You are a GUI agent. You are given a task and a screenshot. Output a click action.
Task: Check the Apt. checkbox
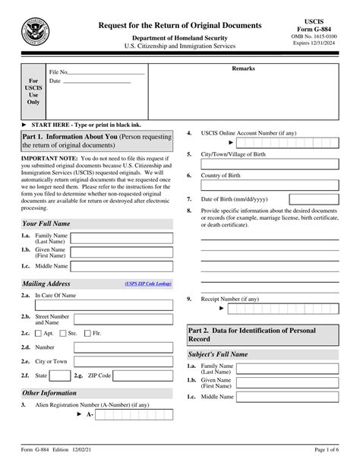[x=39, y=333]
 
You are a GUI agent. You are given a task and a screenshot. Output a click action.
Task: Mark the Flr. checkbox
[x=90, y=333]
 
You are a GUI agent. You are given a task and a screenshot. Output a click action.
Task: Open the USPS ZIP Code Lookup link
[x=149, y=284]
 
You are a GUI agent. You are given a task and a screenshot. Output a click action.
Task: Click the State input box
[x=60, y=376]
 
